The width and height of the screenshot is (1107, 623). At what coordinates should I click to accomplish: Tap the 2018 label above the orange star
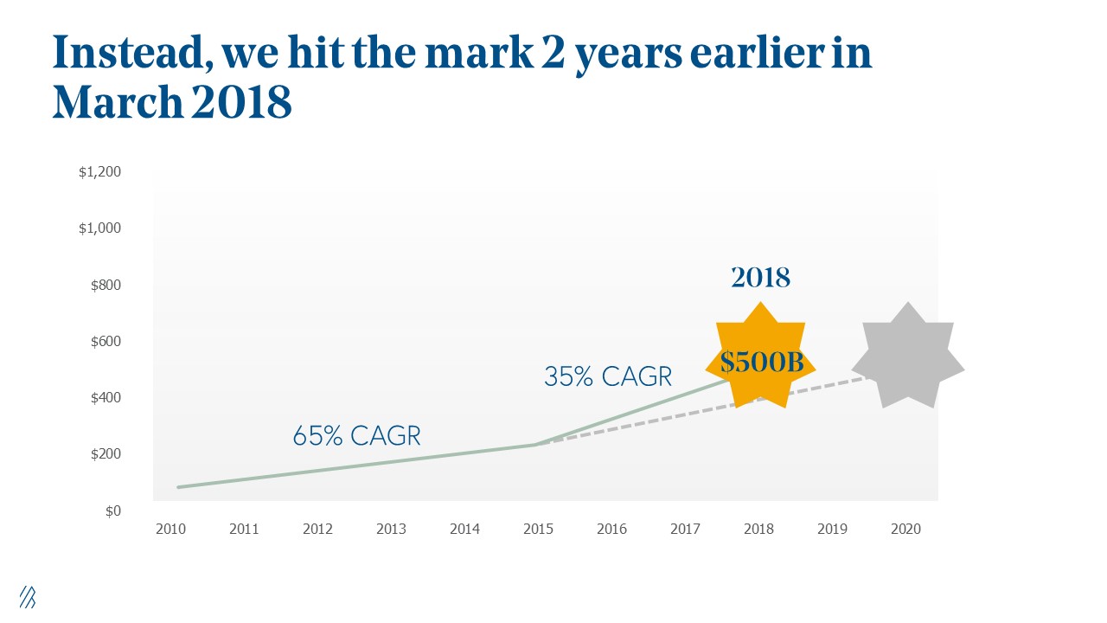760,278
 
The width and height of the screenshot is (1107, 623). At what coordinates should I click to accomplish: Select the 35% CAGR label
608,376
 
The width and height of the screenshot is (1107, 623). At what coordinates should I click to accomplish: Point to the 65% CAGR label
356,436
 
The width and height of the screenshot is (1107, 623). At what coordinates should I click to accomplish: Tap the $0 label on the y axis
114,511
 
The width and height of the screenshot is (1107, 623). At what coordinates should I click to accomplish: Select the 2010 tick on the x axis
170,529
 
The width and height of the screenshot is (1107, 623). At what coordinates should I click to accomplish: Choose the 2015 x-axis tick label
538,529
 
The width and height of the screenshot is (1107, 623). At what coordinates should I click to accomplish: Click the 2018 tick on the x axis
758,529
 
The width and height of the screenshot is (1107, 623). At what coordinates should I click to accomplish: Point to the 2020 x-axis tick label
905,529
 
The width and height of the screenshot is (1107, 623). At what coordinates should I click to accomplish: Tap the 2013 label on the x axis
391,529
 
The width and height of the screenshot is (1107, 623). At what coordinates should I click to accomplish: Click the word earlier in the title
746,54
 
